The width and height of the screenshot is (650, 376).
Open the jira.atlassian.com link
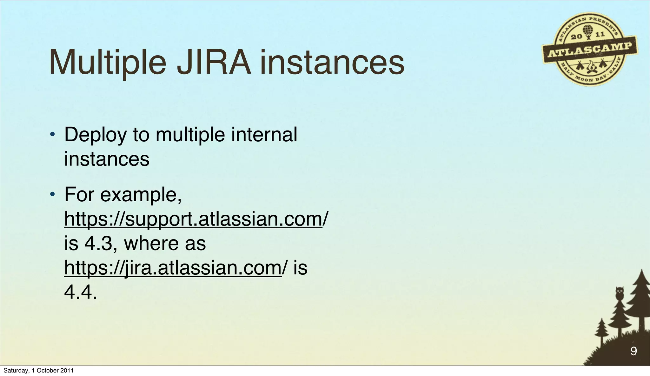click(173, 268)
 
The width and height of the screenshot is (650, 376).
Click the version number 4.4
click(80, 292)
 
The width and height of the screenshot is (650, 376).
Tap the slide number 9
click(633, 351)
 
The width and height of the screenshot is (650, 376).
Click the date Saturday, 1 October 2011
click(38, 371)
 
